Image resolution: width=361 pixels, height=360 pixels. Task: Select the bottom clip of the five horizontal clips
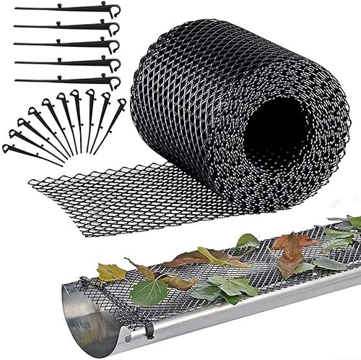[65, 80]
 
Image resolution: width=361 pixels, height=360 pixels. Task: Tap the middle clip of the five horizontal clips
[65, 45]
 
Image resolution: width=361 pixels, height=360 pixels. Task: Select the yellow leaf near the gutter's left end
[111, 272]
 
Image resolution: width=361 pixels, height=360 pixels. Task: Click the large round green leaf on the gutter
[150, 292]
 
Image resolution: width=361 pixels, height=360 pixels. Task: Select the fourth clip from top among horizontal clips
[65, 63]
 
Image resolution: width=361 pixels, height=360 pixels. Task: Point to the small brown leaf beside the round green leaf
[177, 283]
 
